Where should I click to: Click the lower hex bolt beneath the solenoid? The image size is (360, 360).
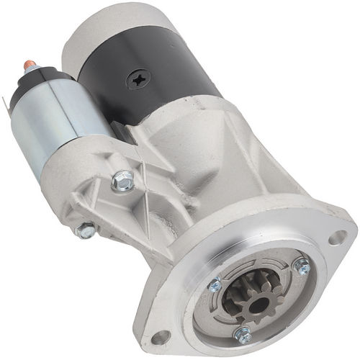tap(86, 230)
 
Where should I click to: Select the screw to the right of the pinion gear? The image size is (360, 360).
tap(302, 266)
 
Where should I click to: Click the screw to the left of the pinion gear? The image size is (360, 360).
tap(215, 284)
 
